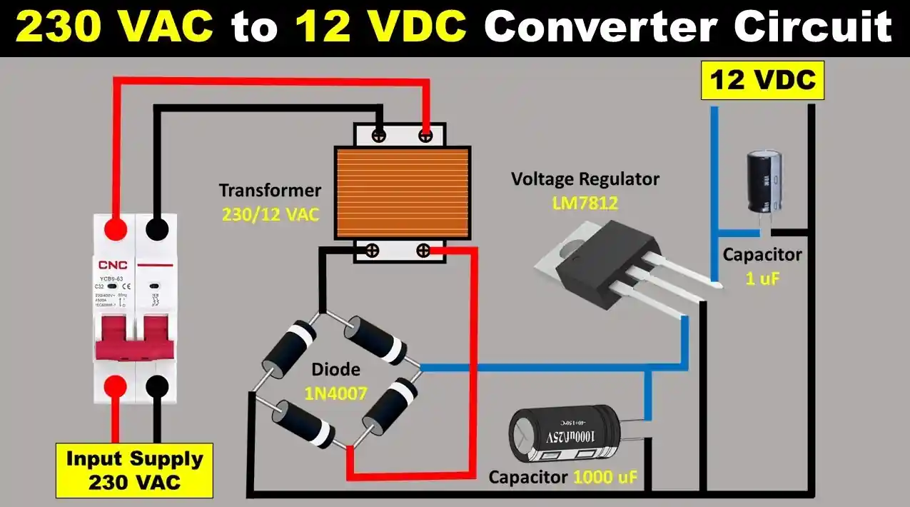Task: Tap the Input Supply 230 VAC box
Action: (135, 470)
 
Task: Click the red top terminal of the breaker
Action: (115, 229)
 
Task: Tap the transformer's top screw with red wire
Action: (425, 134)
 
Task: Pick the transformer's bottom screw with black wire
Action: (372, 250)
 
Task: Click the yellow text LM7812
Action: (585, 204)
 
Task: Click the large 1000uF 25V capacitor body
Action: (565, 437)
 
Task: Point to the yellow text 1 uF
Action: (762, 279)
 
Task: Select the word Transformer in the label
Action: (270, 191)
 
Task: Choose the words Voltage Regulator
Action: (585, 179)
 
